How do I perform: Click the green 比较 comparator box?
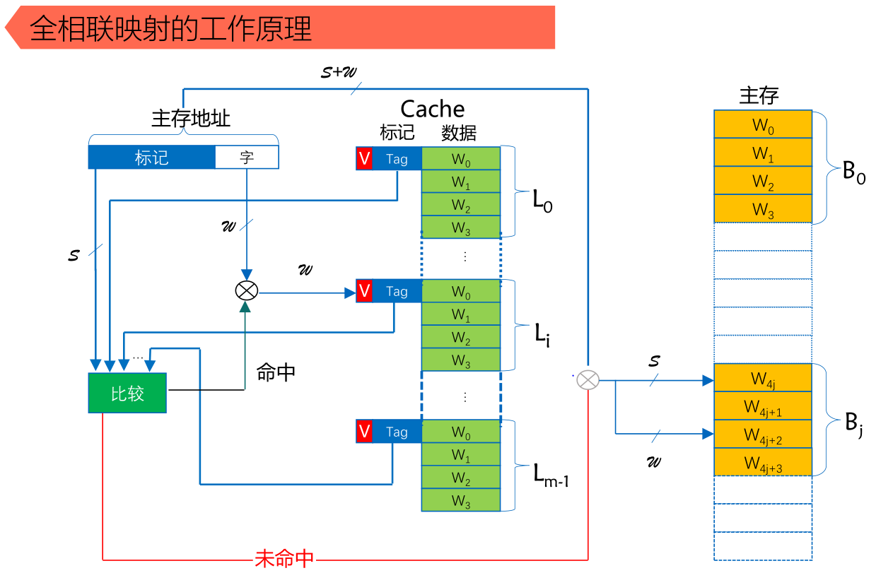pos(127,393)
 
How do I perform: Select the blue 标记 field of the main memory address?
pos(151,157)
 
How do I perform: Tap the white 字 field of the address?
pos(247,157)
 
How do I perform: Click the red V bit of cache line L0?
pos(364,159)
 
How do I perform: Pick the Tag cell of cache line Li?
pos(397,291)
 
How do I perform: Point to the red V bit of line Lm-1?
pos(364,432)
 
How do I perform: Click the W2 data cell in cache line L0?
pos(461,205)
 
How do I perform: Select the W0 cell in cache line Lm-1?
pos(461,432)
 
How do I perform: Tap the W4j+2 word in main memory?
pos(763,435)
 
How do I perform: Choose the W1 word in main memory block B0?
pos(763,153)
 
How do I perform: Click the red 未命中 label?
pos(284,559)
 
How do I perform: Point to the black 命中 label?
pos(276,372)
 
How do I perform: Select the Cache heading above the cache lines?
pos(432,109)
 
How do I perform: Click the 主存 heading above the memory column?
pos(759,95)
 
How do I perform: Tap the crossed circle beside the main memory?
pos(588,380)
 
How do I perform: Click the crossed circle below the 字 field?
pos(246,290)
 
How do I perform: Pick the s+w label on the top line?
pos(339,71)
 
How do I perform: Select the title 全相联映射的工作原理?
pos(170,29)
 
